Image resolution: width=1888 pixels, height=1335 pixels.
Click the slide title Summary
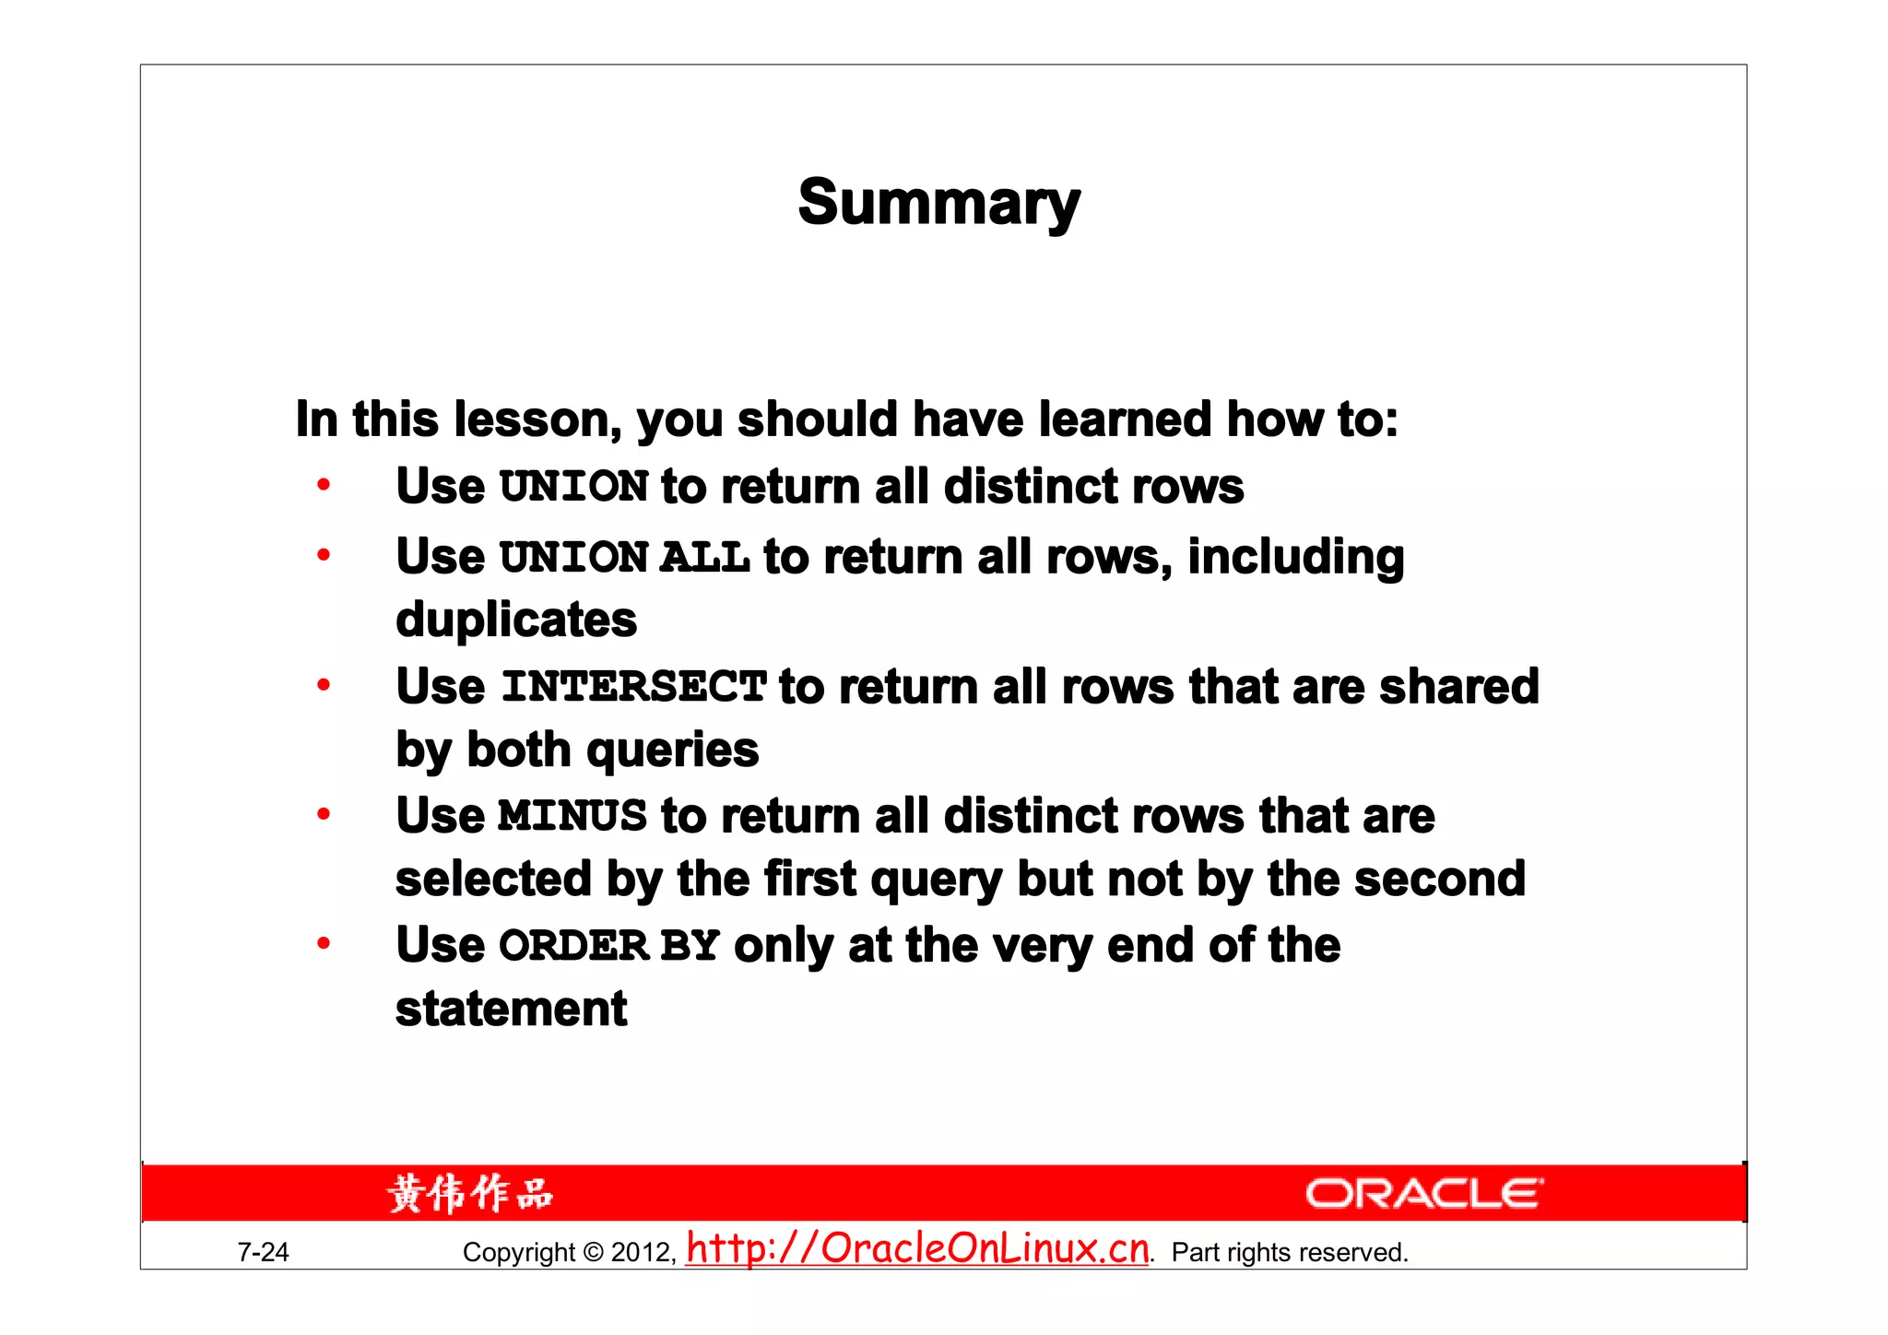pyautogui.click(x=938, y=203)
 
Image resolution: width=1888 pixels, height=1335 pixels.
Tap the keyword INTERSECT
pyautogui.click(x=633, y=687)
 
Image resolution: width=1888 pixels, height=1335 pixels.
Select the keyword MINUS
pyautogui.click(x=572, y=816)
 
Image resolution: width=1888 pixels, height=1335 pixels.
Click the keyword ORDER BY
pyautogui.click(x=608, y=946)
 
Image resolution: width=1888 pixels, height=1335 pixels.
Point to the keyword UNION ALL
pyautogui.click(x=624, y=558)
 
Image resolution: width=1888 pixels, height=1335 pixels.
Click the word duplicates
pyautogui.click(x=516, y=620)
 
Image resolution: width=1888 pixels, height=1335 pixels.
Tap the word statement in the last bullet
pyautogui.click(x=512, y=1009)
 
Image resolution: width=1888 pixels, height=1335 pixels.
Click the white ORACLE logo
pyautogui.click(x=1423, y=1194)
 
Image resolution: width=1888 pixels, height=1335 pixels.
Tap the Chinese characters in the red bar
pyautogui.click(x=470, y=1194)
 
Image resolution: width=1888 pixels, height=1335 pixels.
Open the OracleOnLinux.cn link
pyautogui.click(x=917, y=1248)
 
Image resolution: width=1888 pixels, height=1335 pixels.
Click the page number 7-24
pyautogui.click(x=263, y=1252)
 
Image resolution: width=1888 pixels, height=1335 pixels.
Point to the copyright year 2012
pyautogui.click(x=643, y=1252)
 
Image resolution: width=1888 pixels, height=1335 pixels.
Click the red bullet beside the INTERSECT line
pyautogui.click(x=324, y=685)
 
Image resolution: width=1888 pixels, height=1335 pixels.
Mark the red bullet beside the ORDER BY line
pyautogui.click(x=324, y=943)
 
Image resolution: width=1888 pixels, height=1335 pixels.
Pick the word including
pyautogui.click(x=1295, y=558)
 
